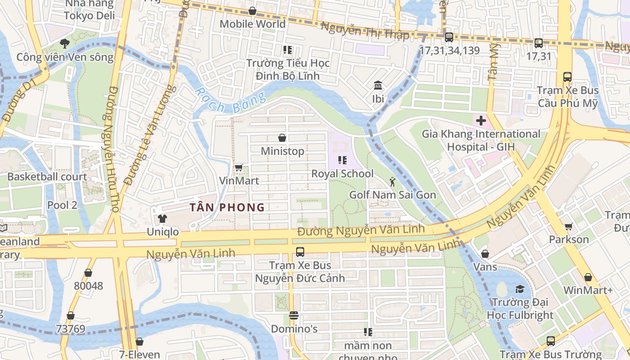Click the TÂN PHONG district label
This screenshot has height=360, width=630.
click(x=227, y=207)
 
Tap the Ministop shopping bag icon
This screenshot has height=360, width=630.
click(x=282, y=138)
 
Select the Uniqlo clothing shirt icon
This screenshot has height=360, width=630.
click(x=162, y=219)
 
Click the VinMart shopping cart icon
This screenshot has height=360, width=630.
click(x=238, y=168)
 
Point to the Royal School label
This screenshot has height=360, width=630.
click(x=342, y=174)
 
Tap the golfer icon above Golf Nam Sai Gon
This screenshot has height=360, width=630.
click(x=392, y=182)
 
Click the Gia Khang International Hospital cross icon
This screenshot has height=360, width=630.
click(x=481, y=121)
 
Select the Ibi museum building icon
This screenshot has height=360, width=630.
click(x=378, y=85)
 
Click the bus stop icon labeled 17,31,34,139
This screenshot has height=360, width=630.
click(x=449, y=37)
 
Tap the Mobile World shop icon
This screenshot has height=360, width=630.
click(x=252, y=11)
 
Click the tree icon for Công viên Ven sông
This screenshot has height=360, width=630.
click(x=65, y=44)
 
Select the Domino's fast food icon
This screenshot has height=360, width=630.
click(x=294, y=315)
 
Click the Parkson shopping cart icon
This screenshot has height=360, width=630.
click(x=568, y=226)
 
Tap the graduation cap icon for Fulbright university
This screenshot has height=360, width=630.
click(x=520, y=289)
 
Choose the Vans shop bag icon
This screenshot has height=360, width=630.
click(x=485, y=254)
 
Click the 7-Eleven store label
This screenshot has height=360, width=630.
click(x=139, y=355)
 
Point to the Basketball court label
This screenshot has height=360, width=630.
click(x=47, y=177)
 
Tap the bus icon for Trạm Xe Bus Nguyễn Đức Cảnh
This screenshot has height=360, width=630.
click(x=300, y=252)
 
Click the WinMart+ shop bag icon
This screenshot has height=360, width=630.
click(x=588, y=277)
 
